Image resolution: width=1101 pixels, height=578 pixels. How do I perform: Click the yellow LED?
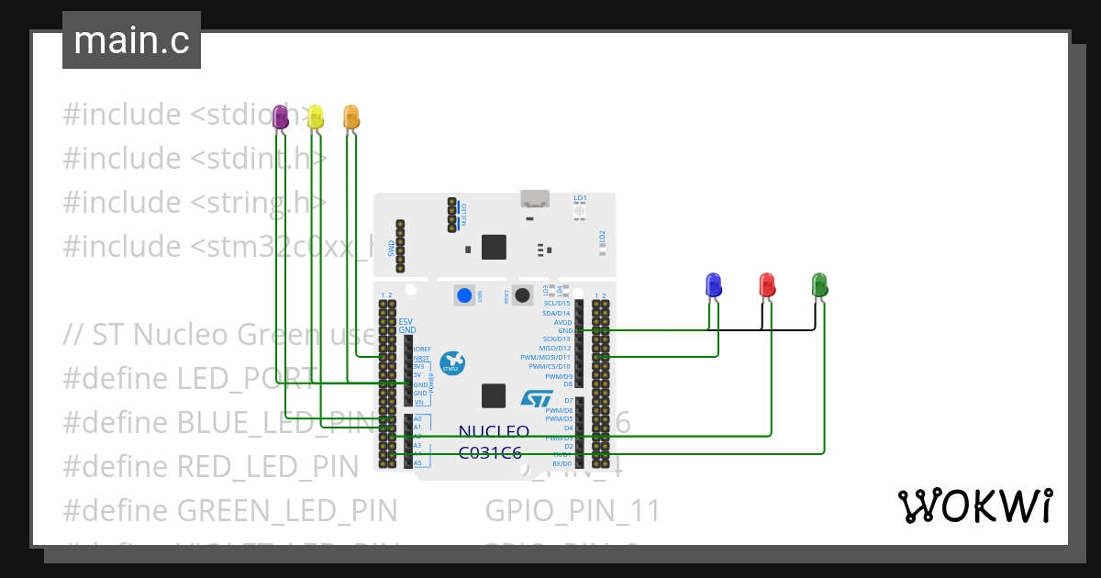pos(315,117)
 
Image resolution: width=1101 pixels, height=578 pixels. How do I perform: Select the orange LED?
pos(350,117)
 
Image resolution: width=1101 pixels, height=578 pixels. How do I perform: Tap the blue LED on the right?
pos(713,285)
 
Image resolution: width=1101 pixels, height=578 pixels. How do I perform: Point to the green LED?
pos(819,285)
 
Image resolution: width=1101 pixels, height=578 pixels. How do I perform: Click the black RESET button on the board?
pos(522,295)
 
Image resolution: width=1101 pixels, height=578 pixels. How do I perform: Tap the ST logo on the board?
pos(537,398)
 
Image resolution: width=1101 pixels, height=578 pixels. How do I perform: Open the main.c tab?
pos(131,40)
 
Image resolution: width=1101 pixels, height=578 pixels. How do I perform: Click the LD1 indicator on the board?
pos(580,210)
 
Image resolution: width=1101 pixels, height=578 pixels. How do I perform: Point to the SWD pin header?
pos(400,246)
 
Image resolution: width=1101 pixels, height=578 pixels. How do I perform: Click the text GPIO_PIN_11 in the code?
pos(573,511)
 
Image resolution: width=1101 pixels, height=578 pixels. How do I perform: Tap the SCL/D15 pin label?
pos(556,304)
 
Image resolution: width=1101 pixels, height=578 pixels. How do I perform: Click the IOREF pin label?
pos(422,350)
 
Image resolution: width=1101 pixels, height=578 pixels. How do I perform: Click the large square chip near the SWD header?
pos(494,247)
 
